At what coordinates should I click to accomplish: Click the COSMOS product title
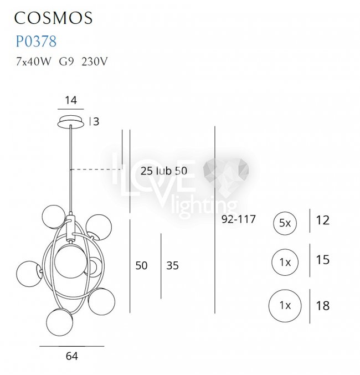point(53,18)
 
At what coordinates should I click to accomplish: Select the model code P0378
point(36,41)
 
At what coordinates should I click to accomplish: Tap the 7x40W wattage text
point(33,61)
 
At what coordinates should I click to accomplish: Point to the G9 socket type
point(66,61)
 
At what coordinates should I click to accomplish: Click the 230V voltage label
point(95,61)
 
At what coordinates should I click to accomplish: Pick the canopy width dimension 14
point(71,100)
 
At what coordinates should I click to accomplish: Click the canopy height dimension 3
point(96,121)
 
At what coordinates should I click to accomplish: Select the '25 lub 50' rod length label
point(163,171)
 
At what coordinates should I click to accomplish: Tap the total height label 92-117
point(239,219)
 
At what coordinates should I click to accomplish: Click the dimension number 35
point(172,265)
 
